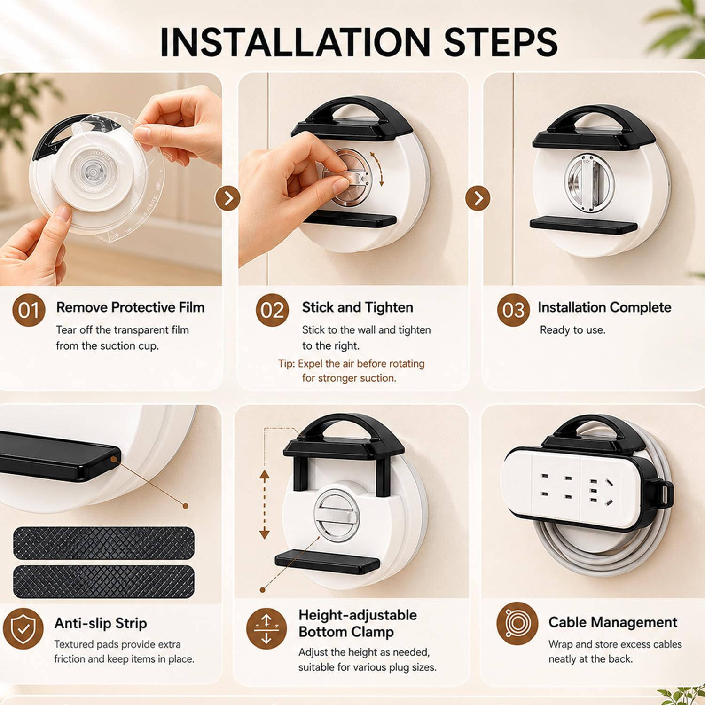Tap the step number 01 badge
tap(29, 310)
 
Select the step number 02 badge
tap(272, 310)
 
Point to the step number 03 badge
tap(513, 310)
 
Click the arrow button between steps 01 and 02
tap(228, 198)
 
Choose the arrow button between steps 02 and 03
tap(478, 198)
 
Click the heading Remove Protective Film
tap(130, 307)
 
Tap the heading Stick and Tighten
tap(358, 308)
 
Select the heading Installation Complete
tap(604, 307)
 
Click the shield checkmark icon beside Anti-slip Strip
tap(23, 629)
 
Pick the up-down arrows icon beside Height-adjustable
tap(266, 629)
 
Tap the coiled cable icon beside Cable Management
tap(517, 624)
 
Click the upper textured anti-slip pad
tap(103, 543)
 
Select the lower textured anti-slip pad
tap(103, 582)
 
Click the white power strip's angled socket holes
tap(610, 493)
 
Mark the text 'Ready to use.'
tap(572, 330)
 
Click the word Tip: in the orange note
tap(287, 364)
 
